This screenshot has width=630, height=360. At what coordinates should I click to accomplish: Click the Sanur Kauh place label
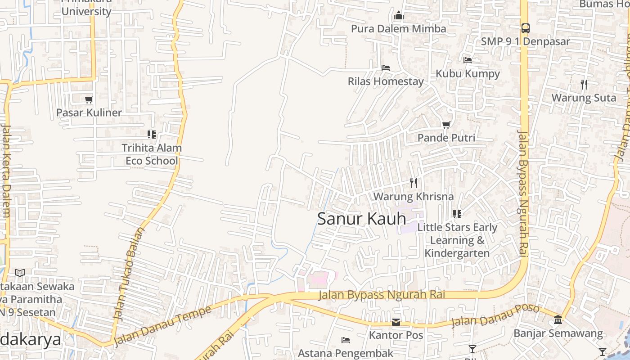tap(362, 219)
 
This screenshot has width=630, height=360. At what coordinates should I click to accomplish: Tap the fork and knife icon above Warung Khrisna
tap(414, 183)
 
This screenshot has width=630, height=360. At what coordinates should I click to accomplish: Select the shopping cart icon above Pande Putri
tap(446, 125)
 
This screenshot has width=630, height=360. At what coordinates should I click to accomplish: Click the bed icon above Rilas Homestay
tap(386, 68)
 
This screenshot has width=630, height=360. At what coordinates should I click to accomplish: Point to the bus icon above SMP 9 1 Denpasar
tap(525, 28)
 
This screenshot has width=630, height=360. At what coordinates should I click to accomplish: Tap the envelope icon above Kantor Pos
tap(396, 322)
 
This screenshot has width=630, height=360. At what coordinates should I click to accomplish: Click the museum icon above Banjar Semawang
tap(558, 319)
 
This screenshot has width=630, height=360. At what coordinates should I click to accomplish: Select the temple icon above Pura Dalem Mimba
tap(398, 16)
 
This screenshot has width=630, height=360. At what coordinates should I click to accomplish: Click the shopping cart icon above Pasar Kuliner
tap(89, 99)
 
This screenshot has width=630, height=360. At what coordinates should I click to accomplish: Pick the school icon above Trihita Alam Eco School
tap(152, 134)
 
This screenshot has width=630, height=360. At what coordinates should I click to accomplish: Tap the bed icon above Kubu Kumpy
tap(468, 60)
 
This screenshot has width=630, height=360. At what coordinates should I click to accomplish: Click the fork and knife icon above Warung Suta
tap(584, 84)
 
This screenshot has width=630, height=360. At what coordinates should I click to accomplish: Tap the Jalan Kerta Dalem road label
tap(6, 171)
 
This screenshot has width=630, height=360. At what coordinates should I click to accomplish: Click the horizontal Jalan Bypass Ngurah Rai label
tap(382, 295)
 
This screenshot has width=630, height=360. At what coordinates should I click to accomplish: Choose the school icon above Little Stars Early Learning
tap(457, 214)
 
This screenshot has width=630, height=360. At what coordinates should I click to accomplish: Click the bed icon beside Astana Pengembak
tap(346, 340)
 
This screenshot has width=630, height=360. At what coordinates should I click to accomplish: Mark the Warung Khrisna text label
tap(414, 197)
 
